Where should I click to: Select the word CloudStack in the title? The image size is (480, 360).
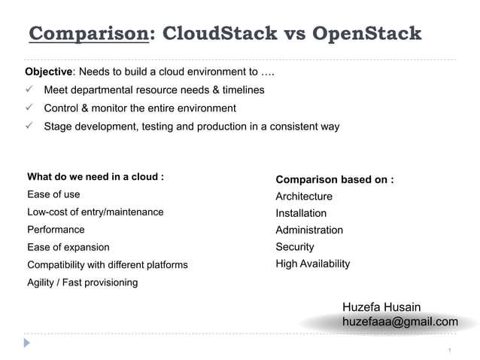pyautogui.click(x=218, y=34)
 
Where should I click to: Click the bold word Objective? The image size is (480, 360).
pyautogui.click(x=50, y=72)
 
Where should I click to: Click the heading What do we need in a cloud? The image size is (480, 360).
pyautogui.click(x=96, y=177)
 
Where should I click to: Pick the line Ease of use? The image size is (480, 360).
pyautogui.click(x=53, y=194)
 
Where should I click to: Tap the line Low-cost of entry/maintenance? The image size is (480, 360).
pyautogui.click(x=96, y=212)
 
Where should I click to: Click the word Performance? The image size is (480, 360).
pyautogui.click(x=56, y=230)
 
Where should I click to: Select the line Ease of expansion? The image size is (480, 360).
pyautogui.click(x=68, y=247)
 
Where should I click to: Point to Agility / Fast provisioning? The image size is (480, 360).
pyautogui.click(x=83, y=282)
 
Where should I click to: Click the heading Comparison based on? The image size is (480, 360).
pyautogui.click(x=335, y=179)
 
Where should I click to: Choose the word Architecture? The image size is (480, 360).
pyautogui.click(x=304, y=197)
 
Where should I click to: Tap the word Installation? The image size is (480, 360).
pyautogui.click(x=301, y=213)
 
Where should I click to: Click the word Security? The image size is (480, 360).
pyautogui.click(x=295, y=247)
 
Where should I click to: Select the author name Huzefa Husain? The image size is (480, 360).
pyautogui.click(x=381, y=307)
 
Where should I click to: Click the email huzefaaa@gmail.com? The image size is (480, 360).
pyautogui.click(x=399, y=322)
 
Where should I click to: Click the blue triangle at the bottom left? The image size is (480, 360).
pyautogui.click(x=28, y=343)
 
